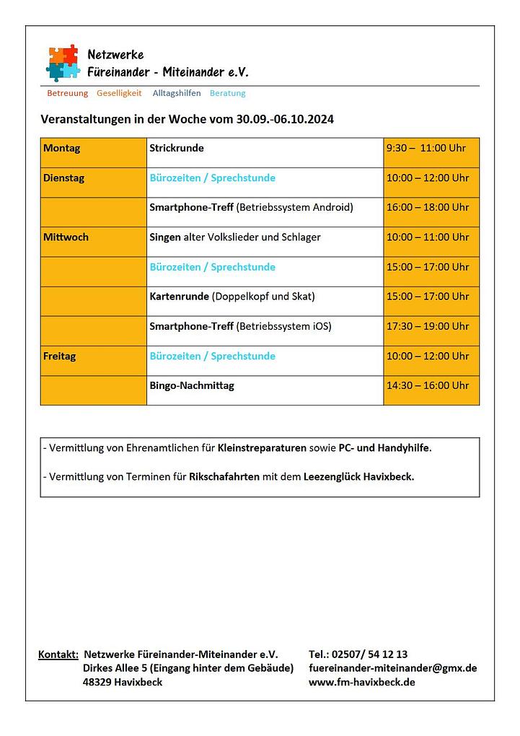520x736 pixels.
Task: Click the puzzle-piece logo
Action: [63, 62]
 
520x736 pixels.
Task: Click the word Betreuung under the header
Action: [67, 93]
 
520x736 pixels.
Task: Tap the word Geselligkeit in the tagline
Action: [119, 93]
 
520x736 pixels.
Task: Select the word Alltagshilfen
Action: [177, 93]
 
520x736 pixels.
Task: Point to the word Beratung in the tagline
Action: [227, 93]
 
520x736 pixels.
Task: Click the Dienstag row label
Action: [63, 178]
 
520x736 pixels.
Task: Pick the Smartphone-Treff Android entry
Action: [251, 208]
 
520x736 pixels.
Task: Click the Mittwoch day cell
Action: [66, 237]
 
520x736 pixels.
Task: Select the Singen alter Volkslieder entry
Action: [235, 237]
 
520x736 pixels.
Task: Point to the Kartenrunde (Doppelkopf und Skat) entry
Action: [232, 297]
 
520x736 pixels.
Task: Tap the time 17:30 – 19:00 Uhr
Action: [428, 326]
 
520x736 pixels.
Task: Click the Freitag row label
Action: [59, 356]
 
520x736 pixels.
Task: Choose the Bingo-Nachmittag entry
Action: [192, 386]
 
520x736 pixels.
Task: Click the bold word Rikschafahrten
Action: [224, 477]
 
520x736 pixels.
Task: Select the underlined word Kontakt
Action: [58, 654]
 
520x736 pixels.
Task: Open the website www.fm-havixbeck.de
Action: [361, 682]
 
